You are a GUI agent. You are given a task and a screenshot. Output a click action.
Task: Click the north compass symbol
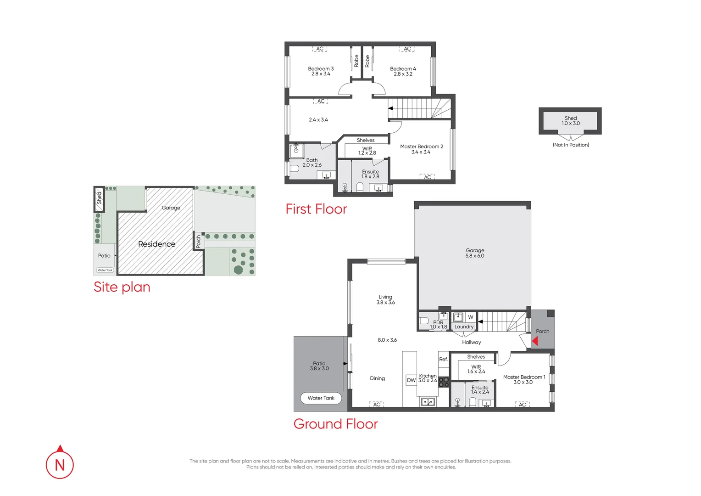point(60,464)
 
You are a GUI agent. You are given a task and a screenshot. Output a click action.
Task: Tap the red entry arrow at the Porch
point(535,341)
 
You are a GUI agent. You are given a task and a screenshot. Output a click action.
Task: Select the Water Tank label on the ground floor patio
point(321,398)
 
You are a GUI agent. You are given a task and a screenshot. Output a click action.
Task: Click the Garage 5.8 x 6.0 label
point(475,253)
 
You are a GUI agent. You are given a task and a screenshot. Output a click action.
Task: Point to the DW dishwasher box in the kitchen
point(411,380)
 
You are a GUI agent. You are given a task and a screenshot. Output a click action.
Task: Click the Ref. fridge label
point(443,359)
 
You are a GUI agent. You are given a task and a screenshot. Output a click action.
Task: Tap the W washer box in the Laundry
point(470,317)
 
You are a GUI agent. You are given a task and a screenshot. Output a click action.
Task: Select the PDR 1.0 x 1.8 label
point(438,325)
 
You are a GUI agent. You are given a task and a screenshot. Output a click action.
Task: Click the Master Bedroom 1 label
point(524,379)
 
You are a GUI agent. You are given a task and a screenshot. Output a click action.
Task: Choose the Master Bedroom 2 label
point(421,149)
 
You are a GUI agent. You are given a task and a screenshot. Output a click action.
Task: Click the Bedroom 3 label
point(321,71)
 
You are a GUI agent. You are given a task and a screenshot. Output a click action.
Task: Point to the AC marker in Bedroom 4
point(407,49)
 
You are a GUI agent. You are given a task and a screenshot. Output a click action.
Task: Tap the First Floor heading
point(316,209)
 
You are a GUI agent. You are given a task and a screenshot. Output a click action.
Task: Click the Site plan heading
point(122,287)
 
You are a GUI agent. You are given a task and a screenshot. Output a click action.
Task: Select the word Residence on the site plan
point(156,244)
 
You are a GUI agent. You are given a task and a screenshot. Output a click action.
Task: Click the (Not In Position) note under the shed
point(571,145)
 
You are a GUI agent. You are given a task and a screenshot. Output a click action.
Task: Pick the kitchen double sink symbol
point(428,402)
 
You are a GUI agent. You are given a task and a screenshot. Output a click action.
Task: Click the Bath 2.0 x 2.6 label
point(312,163)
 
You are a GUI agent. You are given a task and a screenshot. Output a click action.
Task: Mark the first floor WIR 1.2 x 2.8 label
point(367,151)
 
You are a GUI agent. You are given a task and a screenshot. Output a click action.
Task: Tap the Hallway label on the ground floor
point(471,342)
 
